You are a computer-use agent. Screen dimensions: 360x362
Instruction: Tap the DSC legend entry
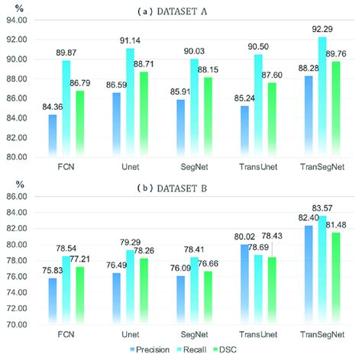pyautogui.click(x=243, y=352)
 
